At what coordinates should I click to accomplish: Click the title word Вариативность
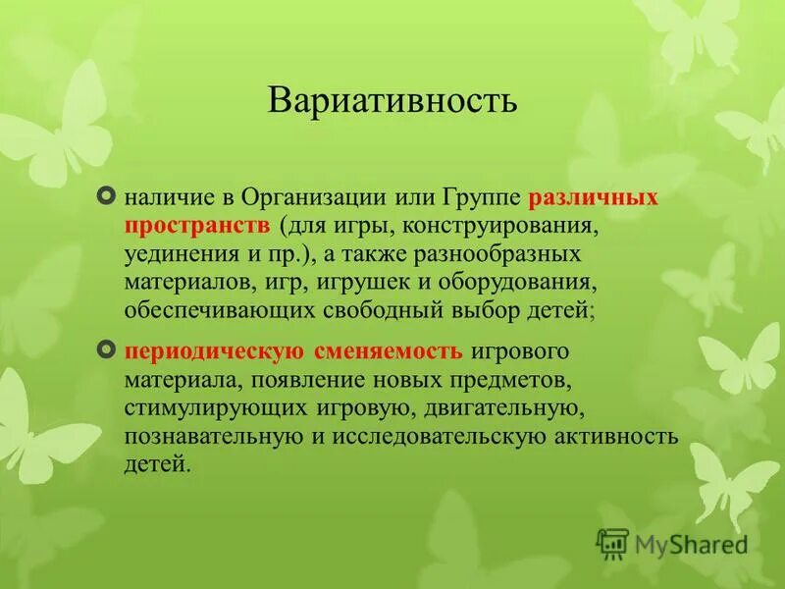392,101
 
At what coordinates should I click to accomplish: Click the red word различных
593,197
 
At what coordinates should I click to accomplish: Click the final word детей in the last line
156,464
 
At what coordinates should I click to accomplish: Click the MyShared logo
672,542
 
